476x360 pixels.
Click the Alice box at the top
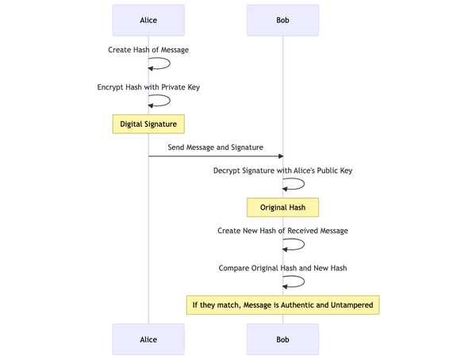tap(148, 20)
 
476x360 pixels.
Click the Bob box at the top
tap(282, 20)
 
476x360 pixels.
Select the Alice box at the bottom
tap(148, 339)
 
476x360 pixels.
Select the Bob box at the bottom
tap(282, 339)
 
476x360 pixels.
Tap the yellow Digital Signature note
tap(148, 124)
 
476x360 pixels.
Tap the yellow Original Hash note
tap(282, 208)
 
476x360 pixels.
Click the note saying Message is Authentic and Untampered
tap(282, 304)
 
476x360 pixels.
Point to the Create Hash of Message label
tap(148, 50)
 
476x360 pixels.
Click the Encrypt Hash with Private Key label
tap(148, 87)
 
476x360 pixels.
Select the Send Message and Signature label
tap(215, 147)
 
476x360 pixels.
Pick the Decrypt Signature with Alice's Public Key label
tap(282, 170)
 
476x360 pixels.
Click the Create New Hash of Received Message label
tap(282, 231)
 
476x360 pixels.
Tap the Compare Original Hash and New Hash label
tap(282, 268)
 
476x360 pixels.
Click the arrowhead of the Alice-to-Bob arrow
tap(279, 156)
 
